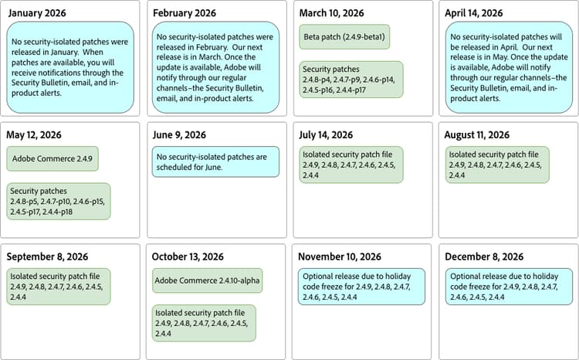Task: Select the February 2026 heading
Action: (x=185, y=13)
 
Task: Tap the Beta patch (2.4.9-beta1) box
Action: (x=344, y=36)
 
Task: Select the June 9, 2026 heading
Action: (x=179, y=135)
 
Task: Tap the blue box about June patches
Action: (x=215, y=161)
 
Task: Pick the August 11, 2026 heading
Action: (x=477, y=135)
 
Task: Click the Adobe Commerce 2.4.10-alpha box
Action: (x=206, y=280)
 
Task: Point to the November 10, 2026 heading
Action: (x=340, y=256)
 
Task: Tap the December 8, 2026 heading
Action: (x=484, y=256)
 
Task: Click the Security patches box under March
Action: (x=351, y=80)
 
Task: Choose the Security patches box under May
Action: (x=59, y=201)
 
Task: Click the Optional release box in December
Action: (x=509, y=286)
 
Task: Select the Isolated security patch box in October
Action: (x=204, y=323)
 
